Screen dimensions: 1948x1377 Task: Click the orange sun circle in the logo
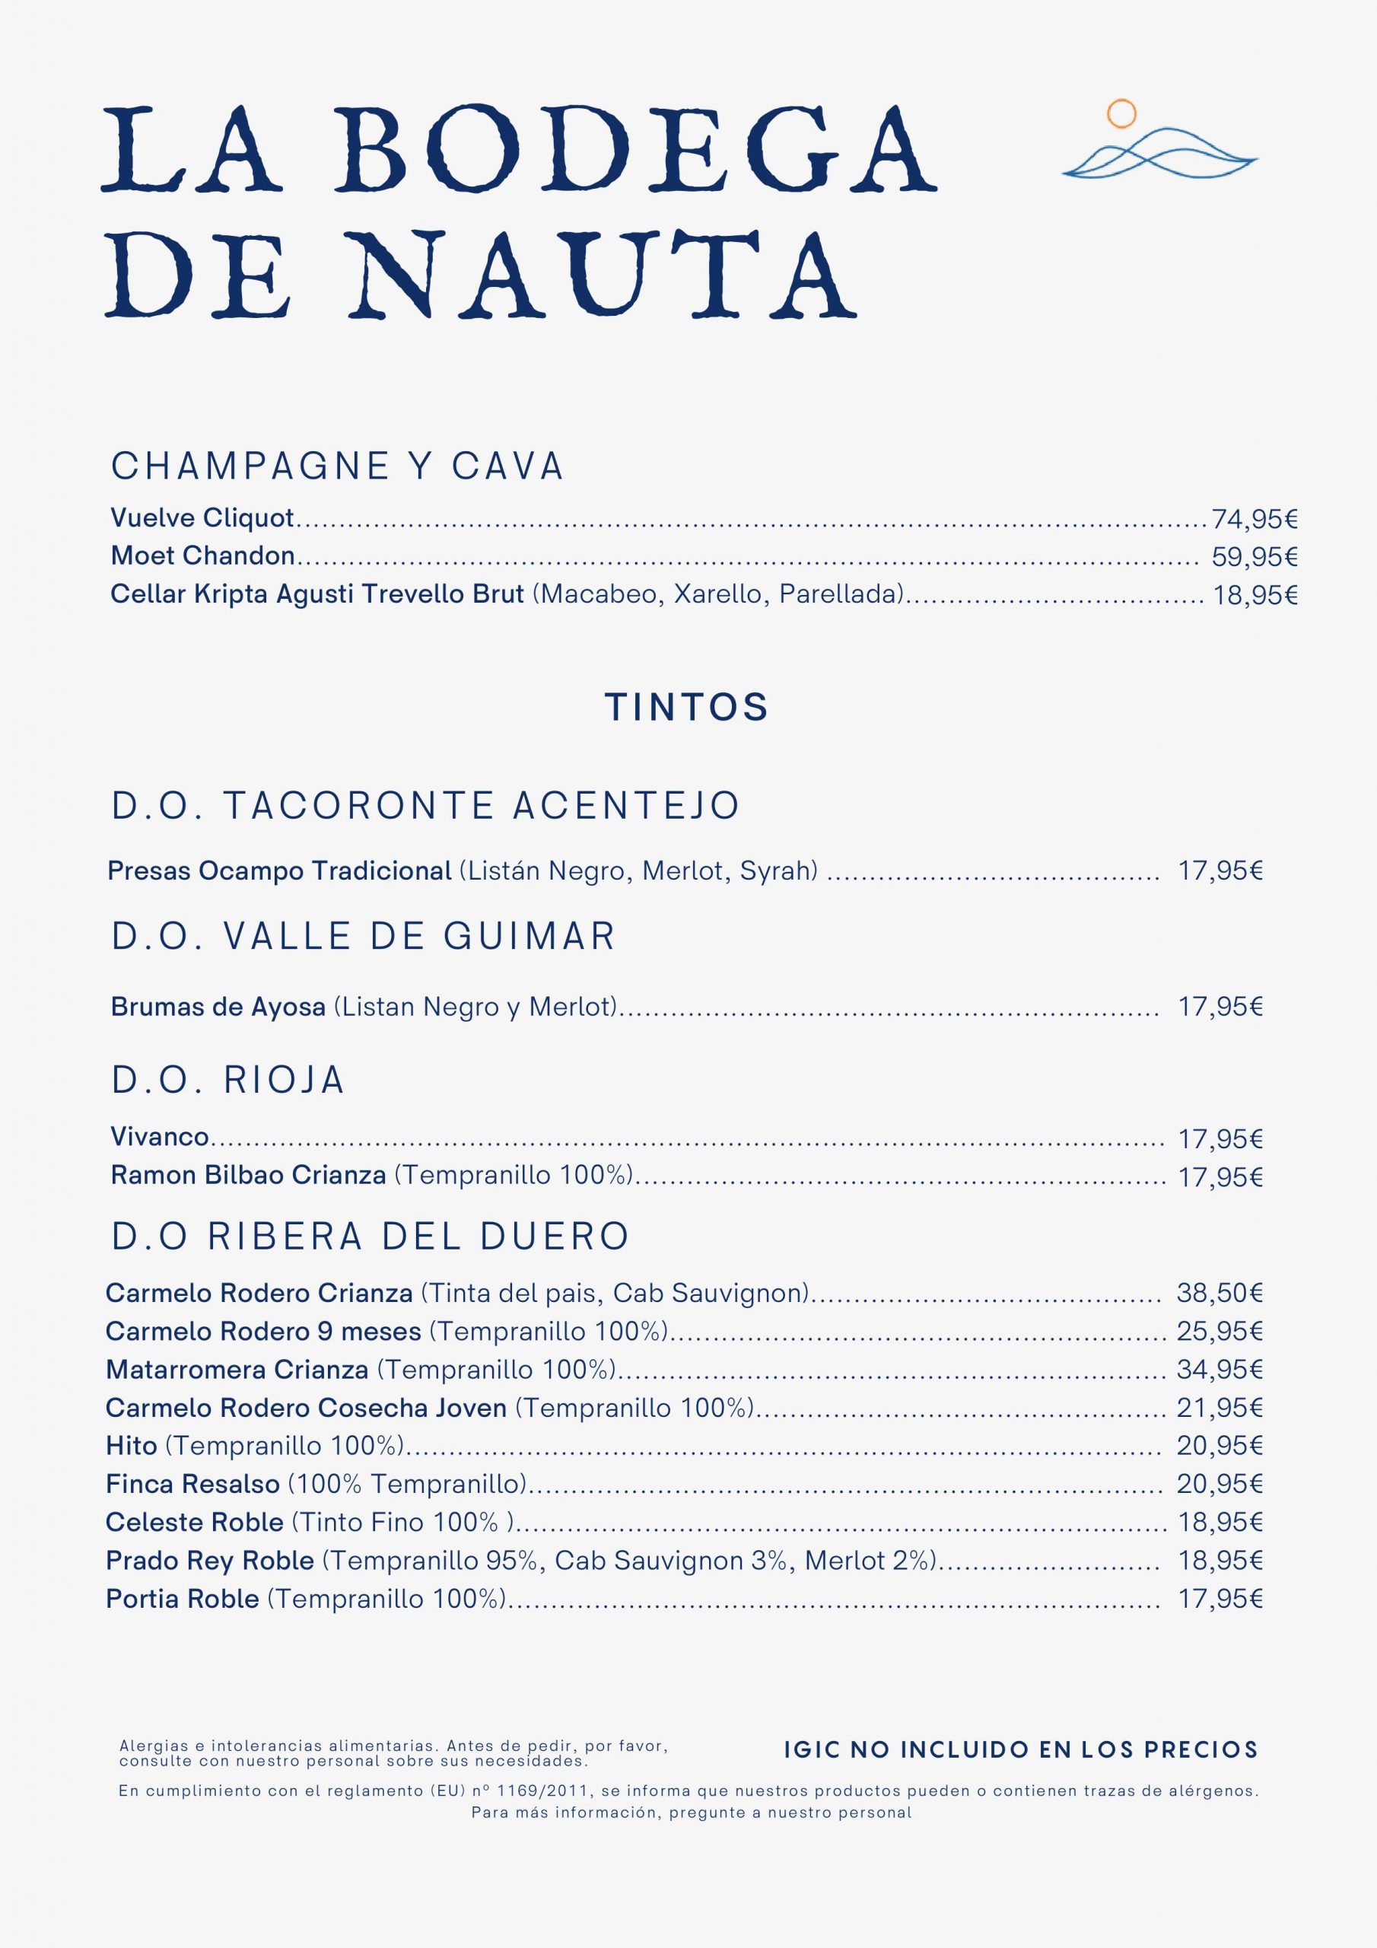click(1121, 113)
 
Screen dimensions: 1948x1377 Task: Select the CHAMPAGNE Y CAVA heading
click(338, 466)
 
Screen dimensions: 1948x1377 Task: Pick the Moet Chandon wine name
click(203, 556)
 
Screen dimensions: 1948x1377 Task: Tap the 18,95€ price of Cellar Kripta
click(1255, 595)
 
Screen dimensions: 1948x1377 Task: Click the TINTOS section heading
click(687, 707)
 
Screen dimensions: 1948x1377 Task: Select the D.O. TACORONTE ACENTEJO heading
click(426, 805)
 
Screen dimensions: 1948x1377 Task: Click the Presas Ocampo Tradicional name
click(279, 871)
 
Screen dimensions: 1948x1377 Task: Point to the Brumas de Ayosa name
click(218, 1007)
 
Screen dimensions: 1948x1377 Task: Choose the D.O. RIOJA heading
click(228, 1080)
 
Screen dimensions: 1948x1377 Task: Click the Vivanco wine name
click(160, 1137)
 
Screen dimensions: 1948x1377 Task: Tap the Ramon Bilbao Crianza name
click(249, 1176)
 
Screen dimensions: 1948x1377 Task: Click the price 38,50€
click(1220, 1293)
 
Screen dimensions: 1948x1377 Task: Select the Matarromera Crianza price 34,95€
click(1220, 1370)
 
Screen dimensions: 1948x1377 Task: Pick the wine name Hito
click(132, 1445)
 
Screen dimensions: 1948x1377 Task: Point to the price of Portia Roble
click(1220, 1599)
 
